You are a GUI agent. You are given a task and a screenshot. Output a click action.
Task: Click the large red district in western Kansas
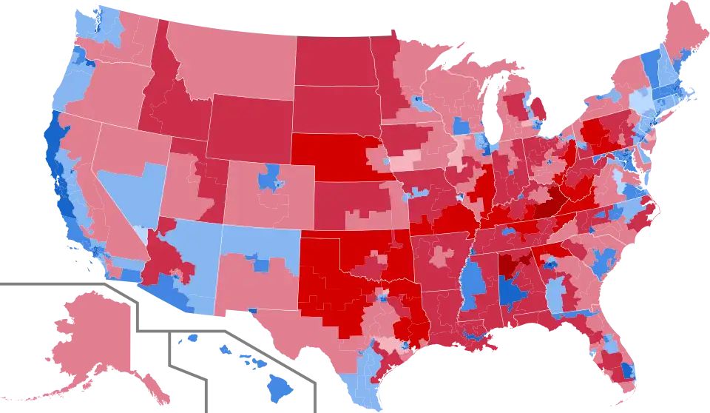pos(340,200)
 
